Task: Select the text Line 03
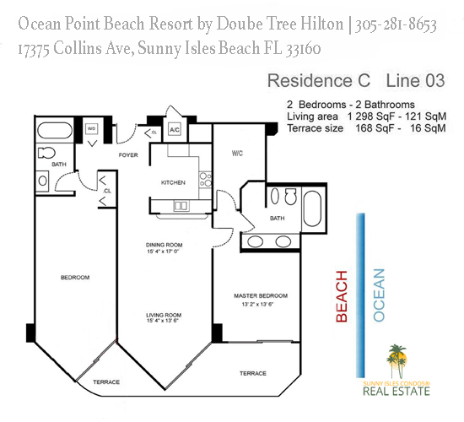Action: pos(416,82)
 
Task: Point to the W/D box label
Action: pos(91,130)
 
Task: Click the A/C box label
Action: pos(174,130)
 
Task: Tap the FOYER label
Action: pos(127,156)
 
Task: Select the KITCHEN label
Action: pos(173,182)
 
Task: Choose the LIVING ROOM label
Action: pos(164,314)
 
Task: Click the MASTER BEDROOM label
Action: pos(260,295)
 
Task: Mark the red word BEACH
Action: pos(342,296)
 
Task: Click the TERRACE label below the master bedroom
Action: pos(252,373)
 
